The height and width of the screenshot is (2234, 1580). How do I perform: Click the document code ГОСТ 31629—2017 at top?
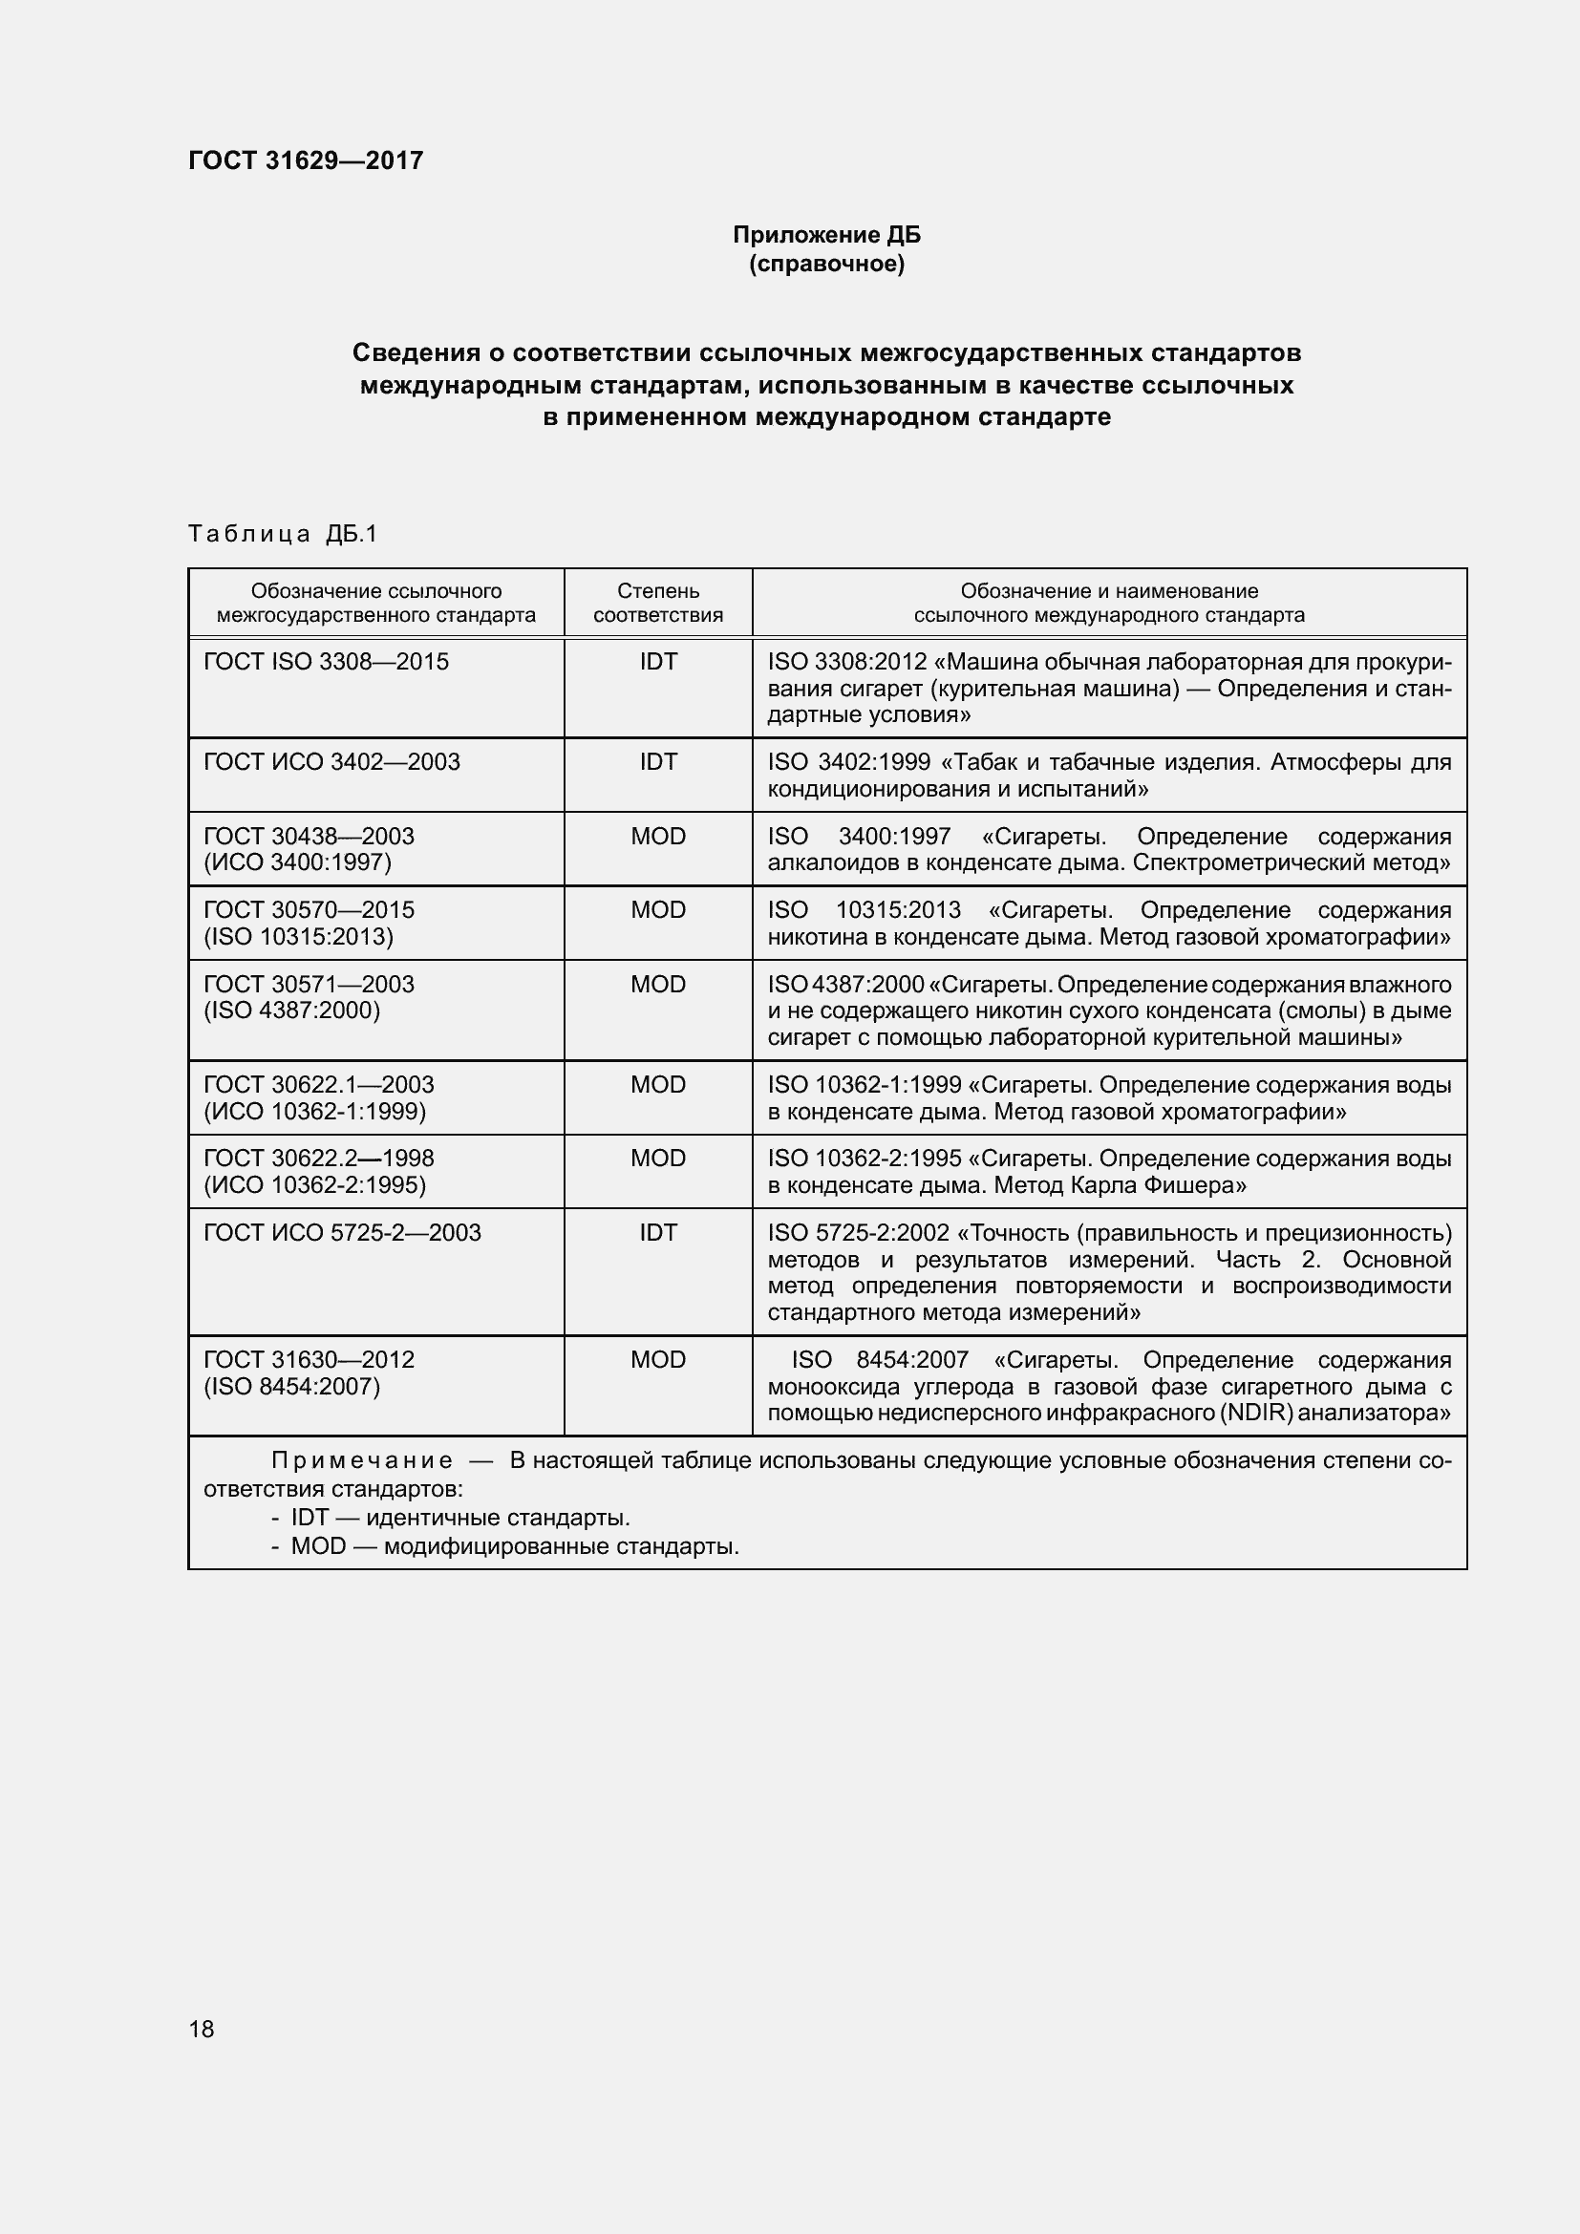[306, 160]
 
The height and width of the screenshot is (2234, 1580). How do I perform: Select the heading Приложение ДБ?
[826, 235]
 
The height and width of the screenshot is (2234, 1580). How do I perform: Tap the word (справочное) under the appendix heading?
[826, 264]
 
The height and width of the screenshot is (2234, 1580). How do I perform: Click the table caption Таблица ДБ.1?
[282, 533]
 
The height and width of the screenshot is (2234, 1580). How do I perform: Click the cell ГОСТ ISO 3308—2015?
[326, 662]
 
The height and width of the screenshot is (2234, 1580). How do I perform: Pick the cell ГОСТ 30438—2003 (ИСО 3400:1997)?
[309, 848]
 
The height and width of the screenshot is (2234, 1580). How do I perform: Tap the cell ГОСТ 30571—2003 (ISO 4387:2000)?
[309, 996]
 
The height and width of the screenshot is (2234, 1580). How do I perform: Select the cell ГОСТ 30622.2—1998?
[318, 1171]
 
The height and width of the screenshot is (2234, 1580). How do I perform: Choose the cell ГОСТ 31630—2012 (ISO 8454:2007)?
[309, 1372]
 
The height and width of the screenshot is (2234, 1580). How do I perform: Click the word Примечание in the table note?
[362, 1460]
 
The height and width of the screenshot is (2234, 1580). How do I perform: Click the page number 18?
[202, 2029]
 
